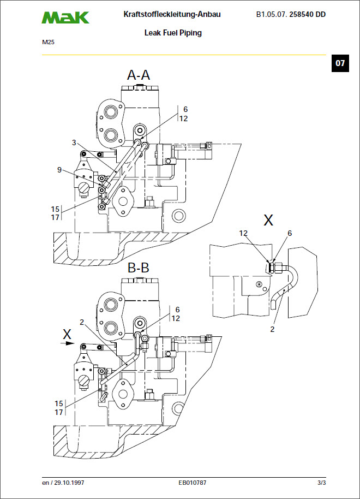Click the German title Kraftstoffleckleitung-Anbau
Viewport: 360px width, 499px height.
click(172, 15)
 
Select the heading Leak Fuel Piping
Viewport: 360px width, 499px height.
click(173, 33)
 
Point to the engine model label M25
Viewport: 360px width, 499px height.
click(48, 41)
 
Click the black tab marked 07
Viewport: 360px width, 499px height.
click(340, 63)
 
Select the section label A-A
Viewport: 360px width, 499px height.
click(139, 75)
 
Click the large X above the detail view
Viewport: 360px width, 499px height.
click(268, 221)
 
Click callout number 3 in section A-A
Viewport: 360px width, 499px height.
click(74, 142)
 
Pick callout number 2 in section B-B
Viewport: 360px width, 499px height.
click(82, 322)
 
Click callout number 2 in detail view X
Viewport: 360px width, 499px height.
click(272, 329)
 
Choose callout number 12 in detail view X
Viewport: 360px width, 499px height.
click(243, 233)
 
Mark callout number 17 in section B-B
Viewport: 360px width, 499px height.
click(58, 412)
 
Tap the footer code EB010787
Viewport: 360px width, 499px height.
click(193, 483)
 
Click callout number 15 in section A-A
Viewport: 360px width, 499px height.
click(55, 209)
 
